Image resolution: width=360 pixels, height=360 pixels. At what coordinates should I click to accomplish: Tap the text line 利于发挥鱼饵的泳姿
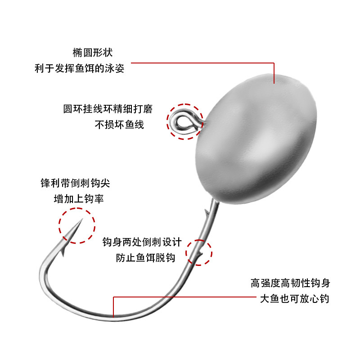(79, 69)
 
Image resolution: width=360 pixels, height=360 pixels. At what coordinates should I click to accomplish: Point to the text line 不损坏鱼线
(119, 125)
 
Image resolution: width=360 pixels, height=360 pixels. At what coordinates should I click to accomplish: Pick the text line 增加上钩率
(79, 198)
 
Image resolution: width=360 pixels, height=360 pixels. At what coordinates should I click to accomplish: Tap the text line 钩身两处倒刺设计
(142, 242)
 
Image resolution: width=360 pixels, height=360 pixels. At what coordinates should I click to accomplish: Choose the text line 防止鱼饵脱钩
(145, 257)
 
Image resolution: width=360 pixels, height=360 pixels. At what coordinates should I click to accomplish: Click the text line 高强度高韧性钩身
(290, 283)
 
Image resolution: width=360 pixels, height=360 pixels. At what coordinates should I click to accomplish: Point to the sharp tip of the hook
(80, 220)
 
